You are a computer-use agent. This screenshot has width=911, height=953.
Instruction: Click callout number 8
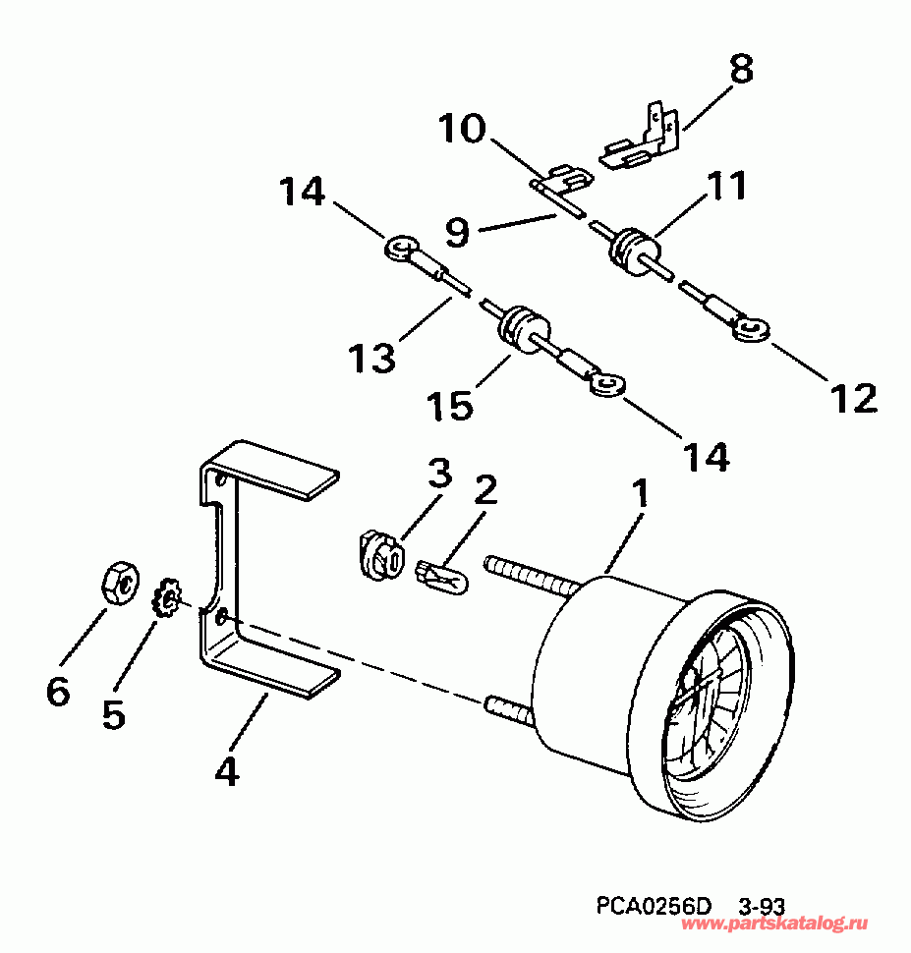coord(741,69)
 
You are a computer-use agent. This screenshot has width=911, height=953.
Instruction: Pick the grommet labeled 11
coord(630,245)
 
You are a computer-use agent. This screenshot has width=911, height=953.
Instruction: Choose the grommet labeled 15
coord(520,324)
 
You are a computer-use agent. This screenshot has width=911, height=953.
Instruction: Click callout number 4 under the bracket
coord(227,772)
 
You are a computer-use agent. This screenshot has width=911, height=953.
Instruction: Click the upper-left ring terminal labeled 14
coord(398,248)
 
